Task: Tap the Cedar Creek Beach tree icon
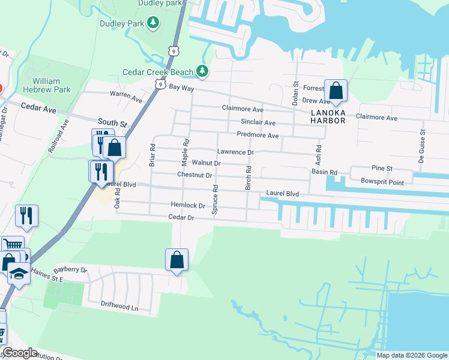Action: (202, 72)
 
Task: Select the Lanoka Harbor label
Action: (328, 116)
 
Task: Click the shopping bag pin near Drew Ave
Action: (336, 92)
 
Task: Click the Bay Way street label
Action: (181, 88)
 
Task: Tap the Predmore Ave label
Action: (258, 136)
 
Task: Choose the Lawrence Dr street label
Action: (235, 152)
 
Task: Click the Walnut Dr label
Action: (206, 163)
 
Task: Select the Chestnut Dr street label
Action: (194, 175)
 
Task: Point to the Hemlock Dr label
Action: (188, 205)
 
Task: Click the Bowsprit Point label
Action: (382, 181)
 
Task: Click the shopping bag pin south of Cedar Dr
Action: (176, 260)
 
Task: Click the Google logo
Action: (20, 353)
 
